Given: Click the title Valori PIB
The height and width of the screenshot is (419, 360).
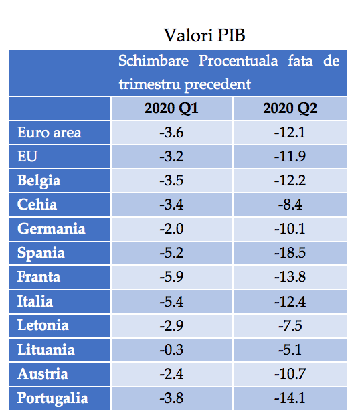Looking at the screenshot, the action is (x=205, y=35).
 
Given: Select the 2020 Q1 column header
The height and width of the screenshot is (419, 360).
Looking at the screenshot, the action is (x=171, y=108).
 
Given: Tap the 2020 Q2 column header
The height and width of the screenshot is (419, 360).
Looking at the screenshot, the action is (x=290, y=108).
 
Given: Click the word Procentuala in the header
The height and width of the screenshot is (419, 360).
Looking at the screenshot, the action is (x=238, y=61).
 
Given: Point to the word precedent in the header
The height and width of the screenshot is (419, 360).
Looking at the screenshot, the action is (x=217, y=84).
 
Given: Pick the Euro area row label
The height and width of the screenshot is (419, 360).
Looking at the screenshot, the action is (x=50, y=133).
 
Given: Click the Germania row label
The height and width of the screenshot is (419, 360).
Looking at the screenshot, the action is (x=52, y=229).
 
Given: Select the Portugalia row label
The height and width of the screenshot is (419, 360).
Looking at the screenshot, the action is (x=53, y=398).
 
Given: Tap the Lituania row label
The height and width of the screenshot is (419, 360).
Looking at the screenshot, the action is (x=46, y=350).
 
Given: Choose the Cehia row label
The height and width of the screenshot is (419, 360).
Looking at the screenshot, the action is (x=37, y=205).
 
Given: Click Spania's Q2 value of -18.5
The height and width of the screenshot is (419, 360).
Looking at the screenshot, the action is (x=290, y=253).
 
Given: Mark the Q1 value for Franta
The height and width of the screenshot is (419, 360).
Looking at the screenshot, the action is (x=171, y=277).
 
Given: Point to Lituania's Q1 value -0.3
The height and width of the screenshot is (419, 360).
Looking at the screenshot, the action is (x=171, y=350).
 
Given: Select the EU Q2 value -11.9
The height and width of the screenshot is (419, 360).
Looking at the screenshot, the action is (x=290, y=157).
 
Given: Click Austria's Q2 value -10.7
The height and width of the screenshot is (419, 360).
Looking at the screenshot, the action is (x=290, y=374).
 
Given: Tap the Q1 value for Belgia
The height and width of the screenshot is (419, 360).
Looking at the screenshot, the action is (x=171, y=181).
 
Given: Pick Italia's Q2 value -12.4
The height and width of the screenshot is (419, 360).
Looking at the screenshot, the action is (x=290, y=302).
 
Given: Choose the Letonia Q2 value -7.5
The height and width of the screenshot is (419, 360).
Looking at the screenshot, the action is (x=290, y=326).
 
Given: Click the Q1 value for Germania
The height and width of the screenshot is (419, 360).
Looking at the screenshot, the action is (x=171, y=229).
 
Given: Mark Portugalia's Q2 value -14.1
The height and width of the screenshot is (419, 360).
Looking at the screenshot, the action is (x=290, y=398).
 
